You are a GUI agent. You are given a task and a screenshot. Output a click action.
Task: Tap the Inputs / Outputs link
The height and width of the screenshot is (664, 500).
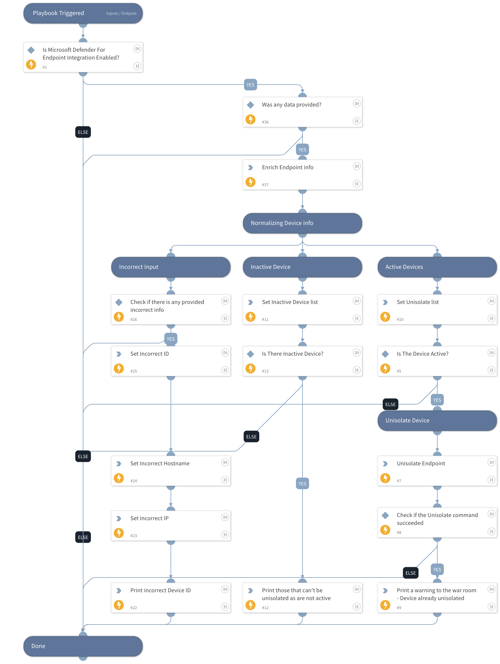click(x=121, y=13)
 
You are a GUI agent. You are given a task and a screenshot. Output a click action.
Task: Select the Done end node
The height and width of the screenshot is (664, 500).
click(x=83, y=646)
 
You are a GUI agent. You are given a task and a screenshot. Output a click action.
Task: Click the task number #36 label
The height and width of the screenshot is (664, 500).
click(x=265, y=122)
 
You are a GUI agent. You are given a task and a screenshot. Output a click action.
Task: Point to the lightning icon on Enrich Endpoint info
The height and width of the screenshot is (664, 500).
click(x=250, y=182)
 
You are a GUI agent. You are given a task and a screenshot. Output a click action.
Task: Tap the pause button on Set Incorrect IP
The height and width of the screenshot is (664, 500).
click(x=225, y=535)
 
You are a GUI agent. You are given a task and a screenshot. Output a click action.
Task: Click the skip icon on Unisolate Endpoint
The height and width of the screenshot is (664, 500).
click(x=492, y=462)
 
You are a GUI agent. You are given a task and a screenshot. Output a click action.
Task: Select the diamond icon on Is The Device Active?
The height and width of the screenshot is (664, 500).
click(x=385, y=354)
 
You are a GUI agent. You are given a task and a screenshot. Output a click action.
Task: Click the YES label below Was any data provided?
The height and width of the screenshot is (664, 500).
click(x=303, y=150)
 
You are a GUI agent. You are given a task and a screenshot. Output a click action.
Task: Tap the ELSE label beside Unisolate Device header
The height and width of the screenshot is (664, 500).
click(x=391, y=405)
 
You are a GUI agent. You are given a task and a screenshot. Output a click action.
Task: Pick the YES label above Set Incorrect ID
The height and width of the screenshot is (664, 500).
click(x=171, y=339)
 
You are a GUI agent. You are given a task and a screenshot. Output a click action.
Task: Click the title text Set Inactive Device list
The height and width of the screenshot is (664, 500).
click(x=290, y=302)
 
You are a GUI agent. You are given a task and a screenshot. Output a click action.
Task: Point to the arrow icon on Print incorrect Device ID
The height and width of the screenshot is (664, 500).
click(x=119, y=591)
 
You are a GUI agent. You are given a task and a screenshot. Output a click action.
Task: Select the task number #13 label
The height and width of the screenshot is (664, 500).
click(x=265, y=371)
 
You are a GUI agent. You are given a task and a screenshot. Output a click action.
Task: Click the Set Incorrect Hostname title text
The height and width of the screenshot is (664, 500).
click(x=160, y=463)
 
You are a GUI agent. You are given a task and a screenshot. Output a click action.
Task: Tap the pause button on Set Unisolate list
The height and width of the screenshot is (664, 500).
click(x=492, y=318)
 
